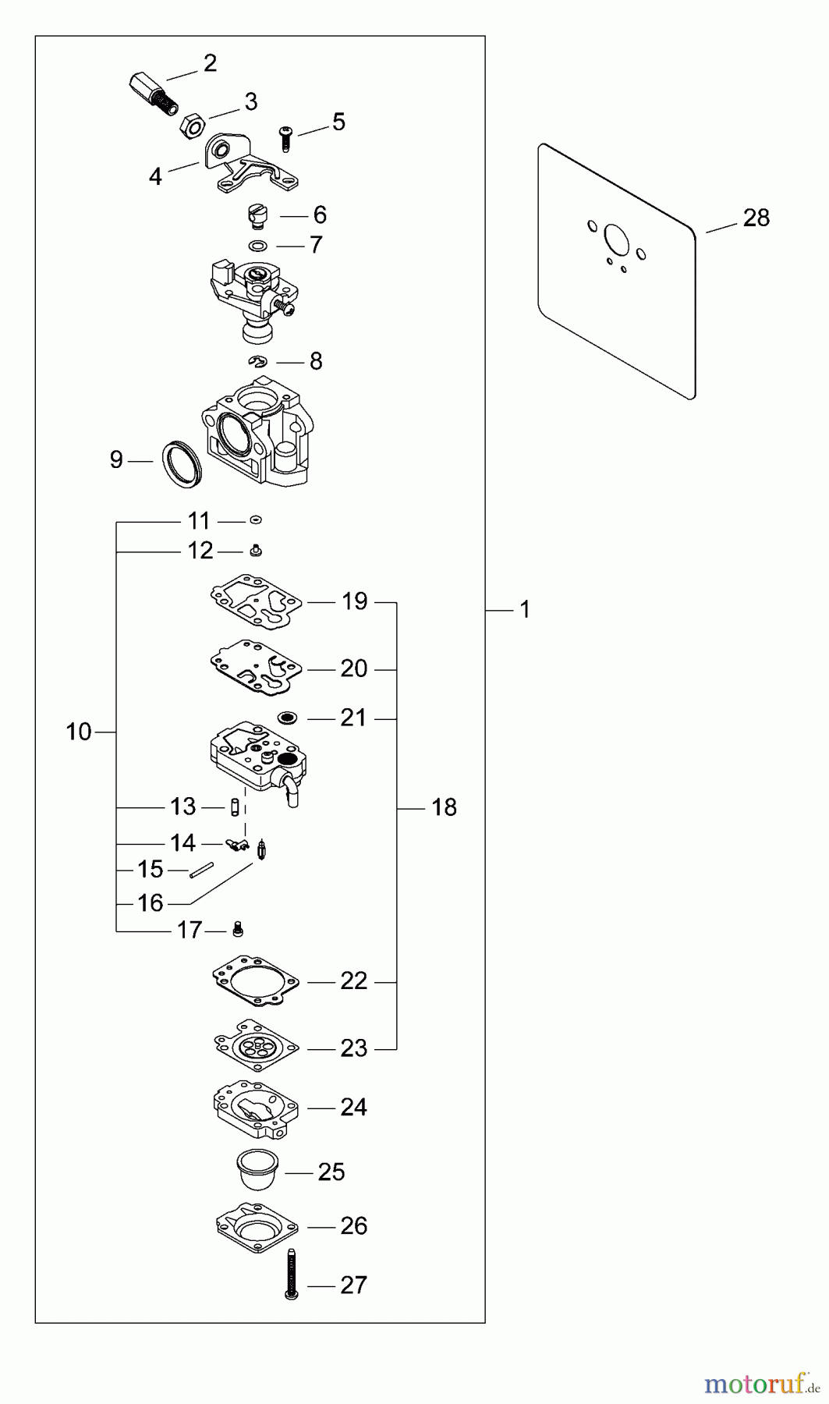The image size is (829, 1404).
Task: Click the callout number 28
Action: click(x=756, y=218)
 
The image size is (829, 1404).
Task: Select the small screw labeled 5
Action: click(x=285, y=140)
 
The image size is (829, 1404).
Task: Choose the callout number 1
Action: click(x=525, y=610)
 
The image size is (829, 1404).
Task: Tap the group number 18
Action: click(x=445, y=807)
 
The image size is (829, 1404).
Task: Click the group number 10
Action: click(x=79, y=732)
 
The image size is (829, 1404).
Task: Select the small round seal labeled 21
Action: click(x=288, y=717)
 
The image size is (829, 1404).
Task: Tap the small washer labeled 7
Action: click(x=257, y=246)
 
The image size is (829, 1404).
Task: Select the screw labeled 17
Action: click(x=239, y=929)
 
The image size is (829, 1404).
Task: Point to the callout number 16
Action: click(x=151, y=902)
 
